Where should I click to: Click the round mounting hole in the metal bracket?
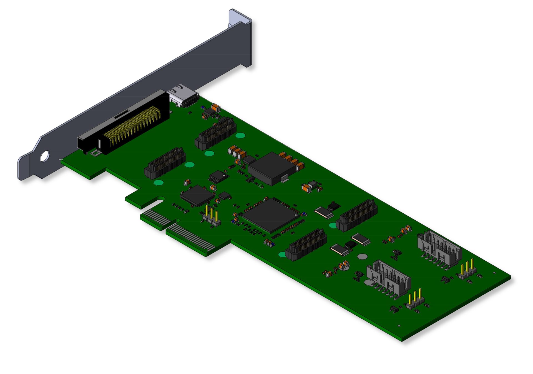click(45, 156)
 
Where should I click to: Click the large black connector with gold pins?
click(125, 124)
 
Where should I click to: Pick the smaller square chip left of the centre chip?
click(197, 195)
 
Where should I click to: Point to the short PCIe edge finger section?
click(157, 218)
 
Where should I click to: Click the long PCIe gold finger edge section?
click(192, 238)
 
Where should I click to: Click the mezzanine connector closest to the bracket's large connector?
click(165, 163)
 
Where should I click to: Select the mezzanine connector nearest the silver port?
click(216, 133)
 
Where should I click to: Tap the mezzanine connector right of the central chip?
click(357, 215)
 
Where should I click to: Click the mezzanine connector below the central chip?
click(306, 245)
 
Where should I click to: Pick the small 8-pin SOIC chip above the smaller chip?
click(219, 176)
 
